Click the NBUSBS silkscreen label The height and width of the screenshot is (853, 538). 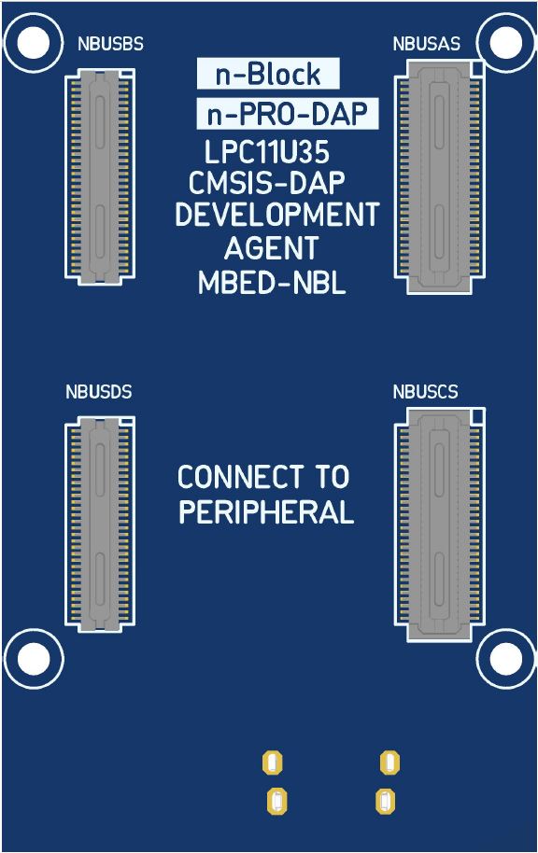point(110,44)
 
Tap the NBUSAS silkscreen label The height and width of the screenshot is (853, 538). point(426,44)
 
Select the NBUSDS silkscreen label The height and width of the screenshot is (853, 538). point(99,392)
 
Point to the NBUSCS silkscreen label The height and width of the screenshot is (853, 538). point(425,392)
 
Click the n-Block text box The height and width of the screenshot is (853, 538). point(268,74)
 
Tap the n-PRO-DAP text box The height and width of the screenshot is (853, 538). point(287,114)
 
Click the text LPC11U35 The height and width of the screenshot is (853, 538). point(267,152)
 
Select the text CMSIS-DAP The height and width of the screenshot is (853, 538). point(267,183)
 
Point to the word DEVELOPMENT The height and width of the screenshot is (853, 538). point(277,215)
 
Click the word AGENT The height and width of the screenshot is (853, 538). point(271,248)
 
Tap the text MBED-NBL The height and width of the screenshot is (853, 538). point(272,283)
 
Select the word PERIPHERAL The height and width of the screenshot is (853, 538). point(266,512)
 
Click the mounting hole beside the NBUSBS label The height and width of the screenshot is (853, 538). point(34,43)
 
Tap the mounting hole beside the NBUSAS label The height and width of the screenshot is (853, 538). point(506,43)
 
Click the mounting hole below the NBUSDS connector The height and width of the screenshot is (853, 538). point(34,659)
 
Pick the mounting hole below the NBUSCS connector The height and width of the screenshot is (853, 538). point(506,659)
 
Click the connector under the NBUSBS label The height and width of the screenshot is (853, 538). point(100,176)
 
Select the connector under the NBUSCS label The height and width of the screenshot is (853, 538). point(439,524)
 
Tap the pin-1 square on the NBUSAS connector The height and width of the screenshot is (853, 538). point(477,67)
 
